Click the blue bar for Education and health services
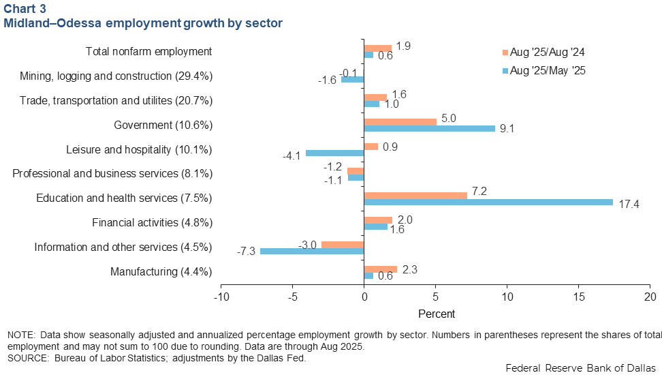point(488,202)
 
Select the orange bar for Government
point(400,122)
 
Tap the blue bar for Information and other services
point(312,251)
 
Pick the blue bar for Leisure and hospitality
point(334,153)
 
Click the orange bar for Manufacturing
point(380,269)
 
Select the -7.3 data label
point(247,252)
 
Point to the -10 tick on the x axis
point(221,297)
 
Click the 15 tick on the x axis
point(579,297)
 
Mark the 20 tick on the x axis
point(650,297)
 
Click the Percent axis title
point(436,314)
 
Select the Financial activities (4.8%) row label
point(152,222)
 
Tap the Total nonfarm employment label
point(148,51)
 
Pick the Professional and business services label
point(112,173)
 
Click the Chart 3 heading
point(25,8)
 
